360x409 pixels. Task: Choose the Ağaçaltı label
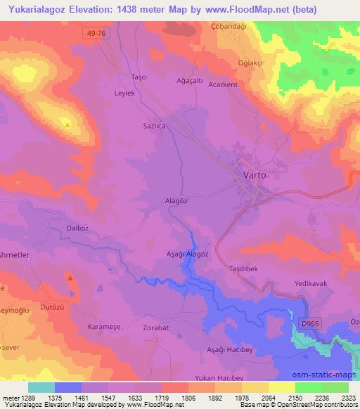(189, 81)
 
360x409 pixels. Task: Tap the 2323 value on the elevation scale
(348, 398)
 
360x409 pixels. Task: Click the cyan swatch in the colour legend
(41, 387)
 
